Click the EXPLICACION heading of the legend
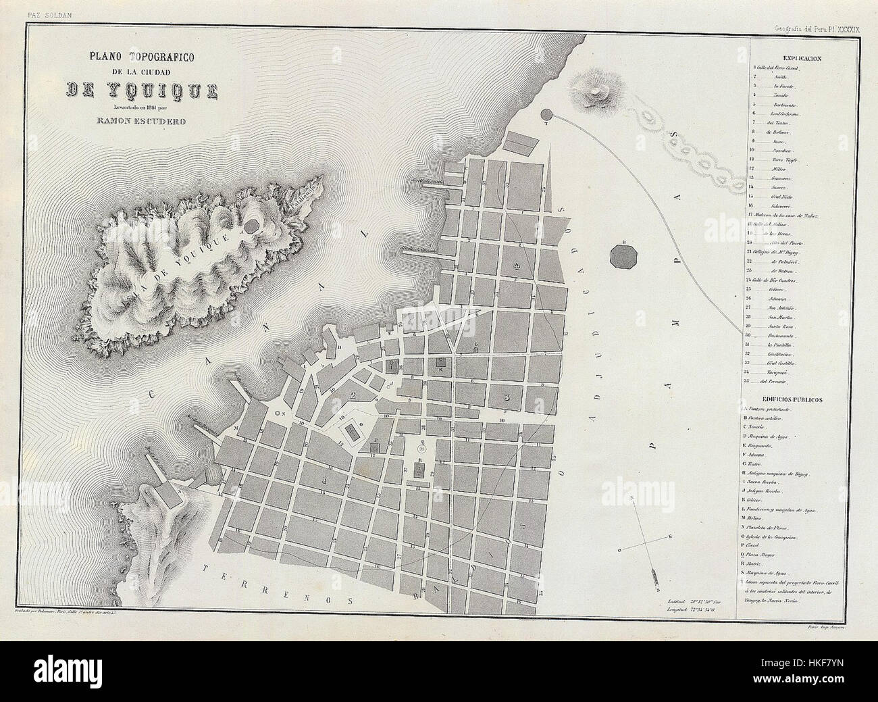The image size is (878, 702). click(802, 59)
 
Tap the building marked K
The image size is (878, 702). click(440, 363)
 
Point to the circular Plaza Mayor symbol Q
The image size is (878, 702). click(423, 447)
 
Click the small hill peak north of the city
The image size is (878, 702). click(596, 89)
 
